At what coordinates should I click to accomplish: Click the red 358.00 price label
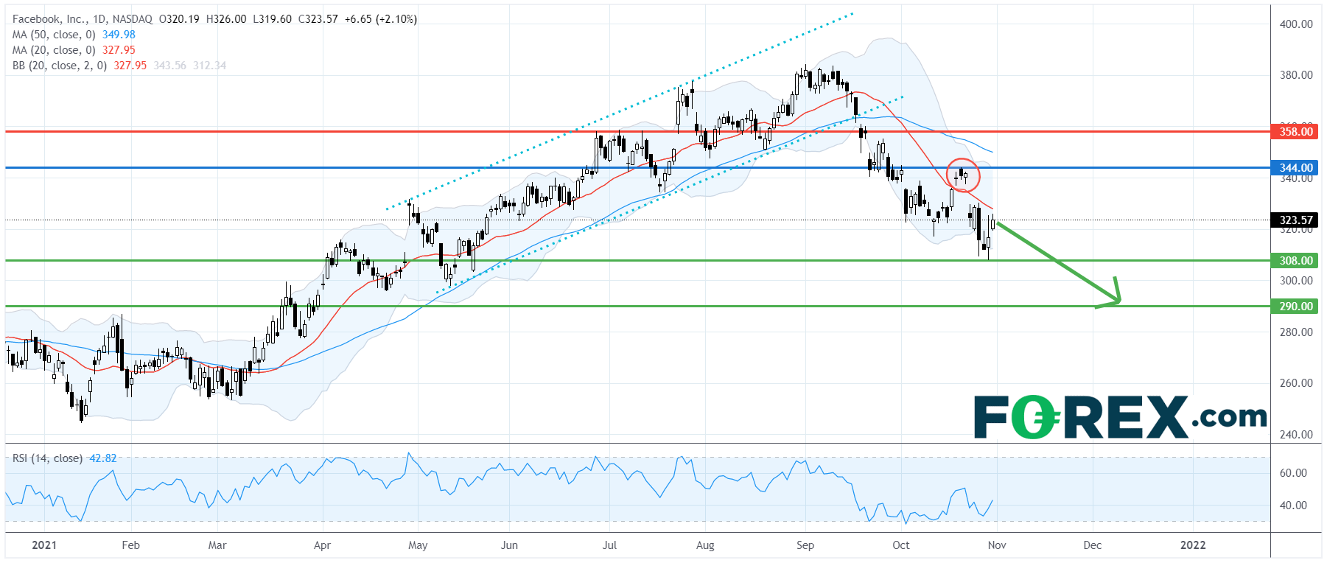[x=1295, y=132]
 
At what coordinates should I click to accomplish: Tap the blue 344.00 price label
[x=1295, y=168]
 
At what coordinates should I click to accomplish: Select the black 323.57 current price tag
[x=1295, y=220]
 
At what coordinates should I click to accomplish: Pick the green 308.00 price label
[x=1295, y=261]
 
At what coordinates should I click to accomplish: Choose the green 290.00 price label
[x=1295, y=307]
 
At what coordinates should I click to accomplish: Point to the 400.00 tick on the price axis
[x=1295, y=24]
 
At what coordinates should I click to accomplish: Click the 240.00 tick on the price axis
[x=1295, y=435]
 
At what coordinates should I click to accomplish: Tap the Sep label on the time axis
[x=805, y=545]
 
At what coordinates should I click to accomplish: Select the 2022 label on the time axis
[x=1193, y=545]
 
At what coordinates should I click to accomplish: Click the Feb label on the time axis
[x=130, y=545]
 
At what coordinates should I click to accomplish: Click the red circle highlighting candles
[x=963, y=175]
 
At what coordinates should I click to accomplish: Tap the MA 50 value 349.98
[x=119, y=35]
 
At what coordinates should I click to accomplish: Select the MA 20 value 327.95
[x=119, y=50]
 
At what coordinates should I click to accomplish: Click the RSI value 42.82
[x=102, y=458]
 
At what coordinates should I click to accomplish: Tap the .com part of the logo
[x=1228, y=417]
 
